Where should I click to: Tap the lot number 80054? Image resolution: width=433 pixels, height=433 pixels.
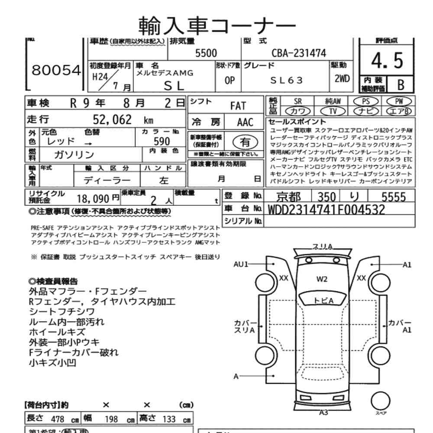point(56,71)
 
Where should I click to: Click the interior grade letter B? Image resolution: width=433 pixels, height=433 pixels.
point(401,85)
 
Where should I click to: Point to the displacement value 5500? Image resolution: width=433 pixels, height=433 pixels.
point(206,53)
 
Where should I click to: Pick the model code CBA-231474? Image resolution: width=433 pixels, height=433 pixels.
point(298,53)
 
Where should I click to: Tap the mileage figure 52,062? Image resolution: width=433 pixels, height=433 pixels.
point(112,120)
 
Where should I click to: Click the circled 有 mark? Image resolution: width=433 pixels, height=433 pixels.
point(246,142)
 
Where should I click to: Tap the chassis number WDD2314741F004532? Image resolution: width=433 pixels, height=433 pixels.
point(326,210)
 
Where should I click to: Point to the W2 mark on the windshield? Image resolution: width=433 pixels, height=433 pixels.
point(321,279)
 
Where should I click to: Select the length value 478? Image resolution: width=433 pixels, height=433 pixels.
point(58,420)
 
